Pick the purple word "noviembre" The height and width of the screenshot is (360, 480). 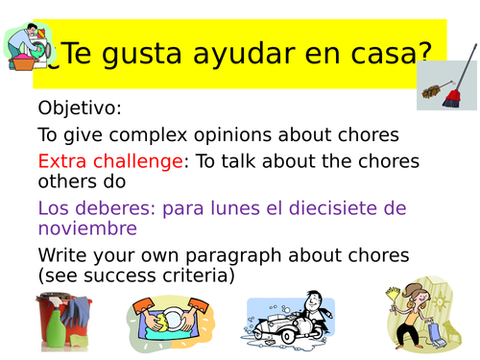(x=87, y=228)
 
